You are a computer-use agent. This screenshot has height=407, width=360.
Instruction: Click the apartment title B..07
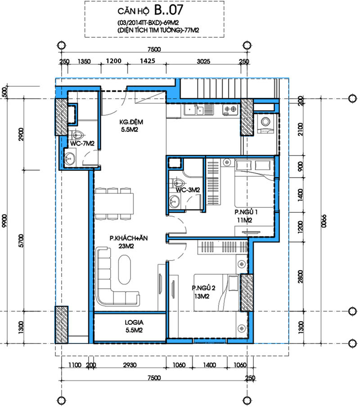point(169,10)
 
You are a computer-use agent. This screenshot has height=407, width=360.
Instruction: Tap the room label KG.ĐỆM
point(131,122)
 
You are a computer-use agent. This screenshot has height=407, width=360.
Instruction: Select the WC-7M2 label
point(82,143)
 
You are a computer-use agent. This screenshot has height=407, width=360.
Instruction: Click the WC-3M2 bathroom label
point(188,190)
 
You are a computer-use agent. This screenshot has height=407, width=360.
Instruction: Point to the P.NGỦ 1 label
point(246,212)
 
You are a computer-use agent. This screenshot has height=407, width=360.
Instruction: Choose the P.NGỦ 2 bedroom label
point(204,288)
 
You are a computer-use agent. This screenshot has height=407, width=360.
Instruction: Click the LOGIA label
point(134,322)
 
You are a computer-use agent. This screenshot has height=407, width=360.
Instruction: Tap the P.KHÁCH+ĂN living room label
point(129,238)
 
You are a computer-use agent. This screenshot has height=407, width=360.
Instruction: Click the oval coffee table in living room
point(125,270)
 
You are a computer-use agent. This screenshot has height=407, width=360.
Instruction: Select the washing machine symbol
point(265,124)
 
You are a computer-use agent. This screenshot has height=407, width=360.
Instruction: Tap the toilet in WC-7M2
point(77,135)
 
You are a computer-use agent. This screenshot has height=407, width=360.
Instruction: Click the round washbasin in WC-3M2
point(174,201)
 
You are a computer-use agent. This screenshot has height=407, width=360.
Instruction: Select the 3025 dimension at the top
point(203,62)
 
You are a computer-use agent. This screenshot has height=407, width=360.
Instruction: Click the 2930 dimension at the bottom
point(130,365)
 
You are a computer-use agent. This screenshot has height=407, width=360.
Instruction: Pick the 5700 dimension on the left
point(21,241)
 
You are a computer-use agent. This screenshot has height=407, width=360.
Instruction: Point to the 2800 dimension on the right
point(301,277)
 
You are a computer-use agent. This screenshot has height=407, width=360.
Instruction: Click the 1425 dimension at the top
point(148,61)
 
